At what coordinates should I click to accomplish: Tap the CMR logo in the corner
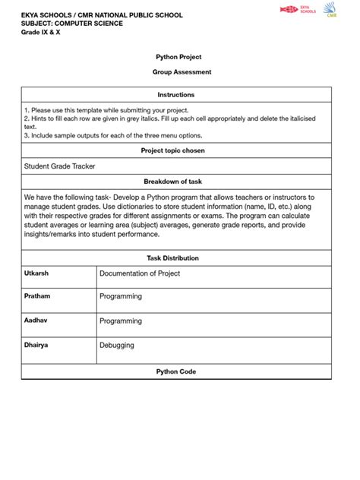click(x=330, y=10)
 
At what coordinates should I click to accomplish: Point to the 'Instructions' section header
click(x=176, y=95)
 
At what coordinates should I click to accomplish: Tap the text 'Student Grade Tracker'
click(x=60, y=166)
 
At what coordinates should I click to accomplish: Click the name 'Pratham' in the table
click(x=37, y=296)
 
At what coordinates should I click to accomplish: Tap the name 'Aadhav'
click(x=36, y=321)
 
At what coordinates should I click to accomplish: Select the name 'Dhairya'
click(x=36, y=345)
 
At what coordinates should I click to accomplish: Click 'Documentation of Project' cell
click(x=140, y=273)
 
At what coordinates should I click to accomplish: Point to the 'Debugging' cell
click(x=117, y=346)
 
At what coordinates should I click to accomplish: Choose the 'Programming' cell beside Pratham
click(x=121, y=297)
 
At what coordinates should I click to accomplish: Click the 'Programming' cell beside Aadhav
click(x=121, y=321)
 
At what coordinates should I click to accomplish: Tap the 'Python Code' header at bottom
click(x=176, y=371)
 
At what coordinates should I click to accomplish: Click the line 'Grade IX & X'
click(x=41, y=33)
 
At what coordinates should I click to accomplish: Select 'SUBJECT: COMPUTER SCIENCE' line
click(x=73, y=24)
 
